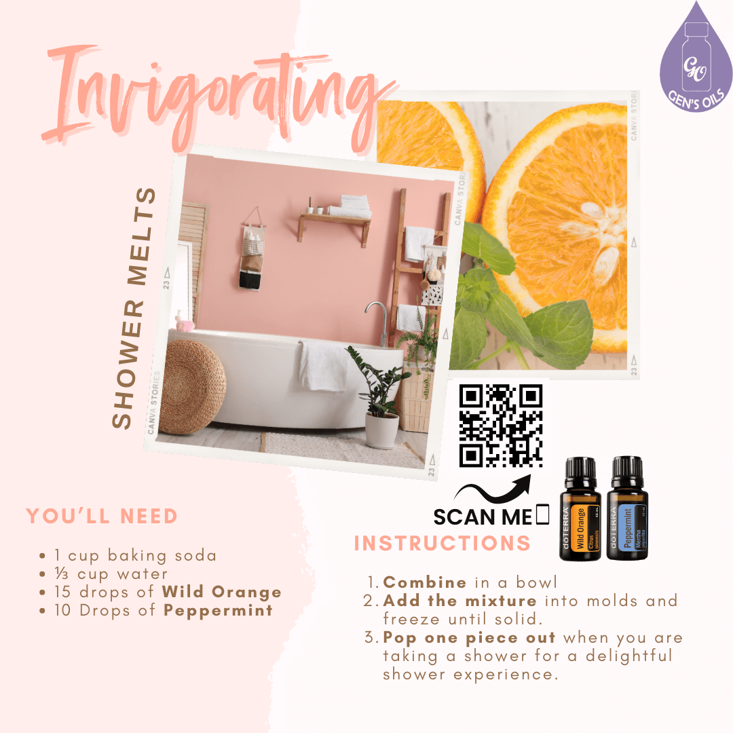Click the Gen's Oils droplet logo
point(695,58)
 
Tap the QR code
point(501,426)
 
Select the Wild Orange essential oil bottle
point(580,509)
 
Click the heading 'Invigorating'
point(217,95)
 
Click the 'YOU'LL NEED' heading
point(102,516)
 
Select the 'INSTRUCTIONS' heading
point(443,544)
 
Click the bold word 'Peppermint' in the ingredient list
point(219,610)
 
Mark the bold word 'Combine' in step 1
point(425,582)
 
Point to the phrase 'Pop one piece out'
point(470,638)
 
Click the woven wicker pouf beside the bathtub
point(195,387)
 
